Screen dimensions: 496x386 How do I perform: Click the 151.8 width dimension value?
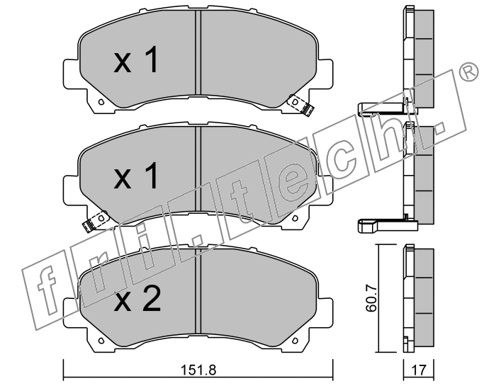coord(198,370)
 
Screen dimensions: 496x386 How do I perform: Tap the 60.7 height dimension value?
coord(371,297)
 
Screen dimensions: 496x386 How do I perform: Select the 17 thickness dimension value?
coord(419,370)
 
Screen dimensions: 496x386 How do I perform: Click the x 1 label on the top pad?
coord(136,59)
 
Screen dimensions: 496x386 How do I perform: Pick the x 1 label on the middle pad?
coord(136,176)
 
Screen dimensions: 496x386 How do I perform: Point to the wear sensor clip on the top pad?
coord(302,106)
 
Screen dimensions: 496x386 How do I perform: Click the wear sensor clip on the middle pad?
coord(95,221)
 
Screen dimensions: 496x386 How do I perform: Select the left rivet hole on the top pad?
coord(101,102)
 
